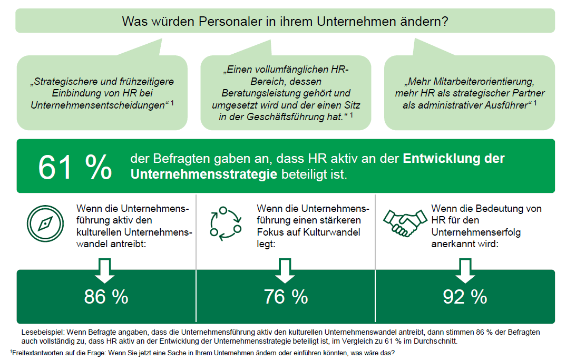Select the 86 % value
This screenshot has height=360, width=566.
tap(106, 297)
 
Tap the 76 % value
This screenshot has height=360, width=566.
tap(286, 297)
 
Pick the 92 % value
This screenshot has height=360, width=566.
tap(465, 297)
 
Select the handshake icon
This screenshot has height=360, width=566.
tap(404, 223)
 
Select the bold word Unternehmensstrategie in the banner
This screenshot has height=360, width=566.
tap(203, 174)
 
